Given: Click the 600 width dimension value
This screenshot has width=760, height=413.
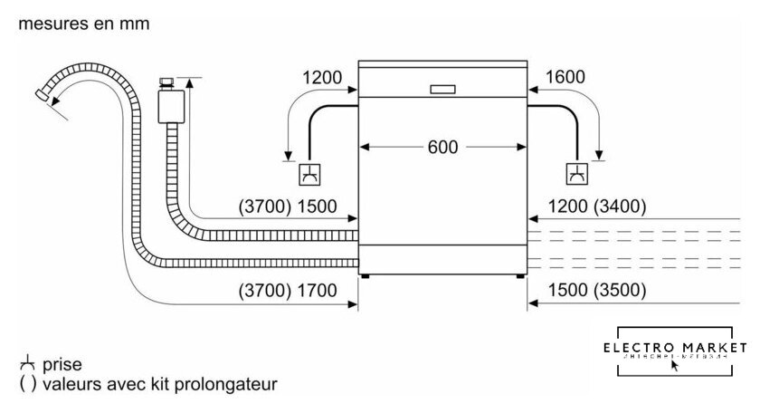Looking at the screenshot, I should [443, 147].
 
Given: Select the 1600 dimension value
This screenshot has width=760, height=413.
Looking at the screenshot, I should [566, 78].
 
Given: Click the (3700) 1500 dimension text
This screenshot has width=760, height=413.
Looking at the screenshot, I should [287, 206].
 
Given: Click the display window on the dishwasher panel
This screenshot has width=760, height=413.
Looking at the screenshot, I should [443, 90].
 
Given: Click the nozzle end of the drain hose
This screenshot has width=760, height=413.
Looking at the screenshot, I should [43, 95].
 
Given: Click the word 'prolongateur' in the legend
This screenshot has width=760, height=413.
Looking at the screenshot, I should [233, 384].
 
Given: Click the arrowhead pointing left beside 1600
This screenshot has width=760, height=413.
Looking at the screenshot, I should [534, 89].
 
